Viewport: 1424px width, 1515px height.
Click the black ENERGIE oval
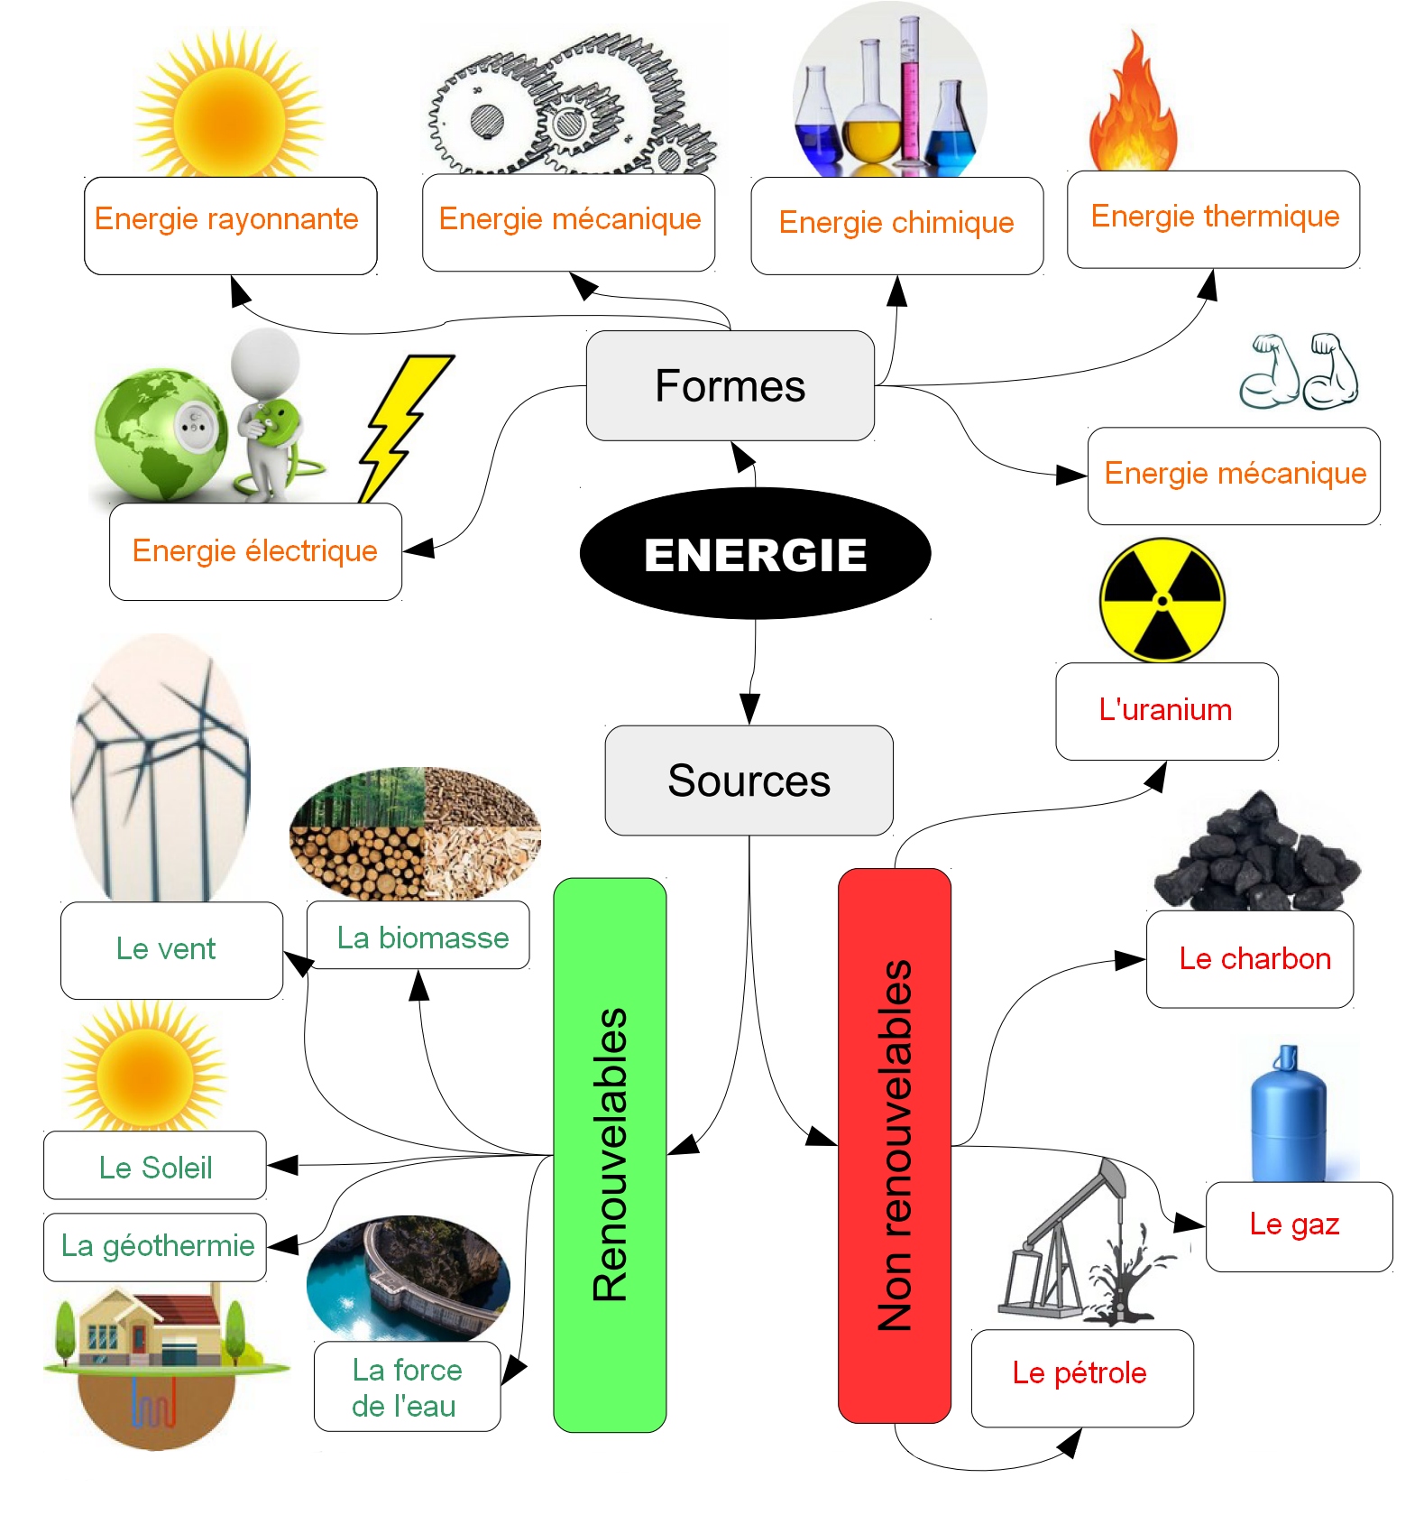[755, 553]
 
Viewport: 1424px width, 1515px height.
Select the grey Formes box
[730, 386]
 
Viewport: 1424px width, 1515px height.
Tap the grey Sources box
[749, 781]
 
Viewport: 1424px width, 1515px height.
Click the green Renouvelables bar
[610, 1154]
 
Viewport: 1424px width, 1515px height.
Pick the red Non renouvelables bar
[895, 1145]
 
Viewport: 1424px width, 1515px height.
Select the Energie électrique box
[255, 551]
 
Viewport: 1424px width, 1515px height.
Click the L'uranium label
[1166, 711]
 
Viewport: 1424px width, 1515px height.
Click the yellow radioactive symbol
[1162, 600]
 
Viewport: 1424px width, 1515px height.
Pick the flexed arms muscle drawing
[1299, 371]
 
